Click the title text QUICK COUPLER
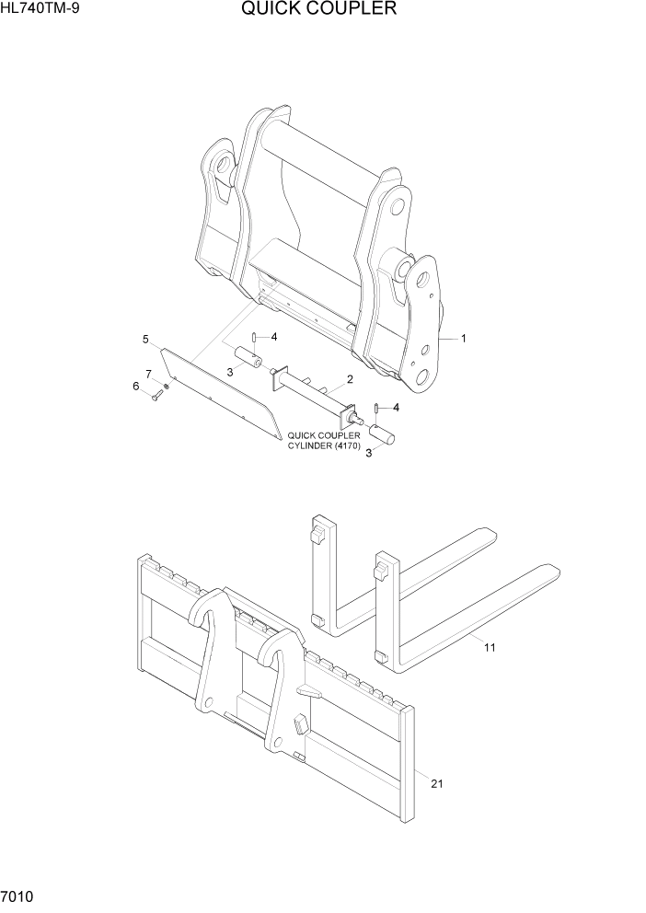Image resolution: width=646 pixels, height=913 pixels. tap(319, 10)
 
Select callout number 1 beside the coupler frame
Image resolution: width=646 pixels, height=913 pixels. tap(464, 339)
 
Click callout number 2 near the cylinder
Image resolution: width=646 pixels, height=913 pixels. tap(350, 379)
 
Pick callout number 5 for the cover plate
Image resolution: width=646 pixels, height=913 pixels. tap(145, 340)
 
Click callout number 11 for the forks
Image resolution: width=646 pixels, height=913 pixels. tap(490, 647)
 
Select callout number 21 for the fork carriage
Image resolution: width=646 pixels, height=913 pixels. tap(436, 783)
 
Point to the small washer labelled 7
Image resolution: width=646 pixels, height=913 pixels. tap(167, 386)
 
